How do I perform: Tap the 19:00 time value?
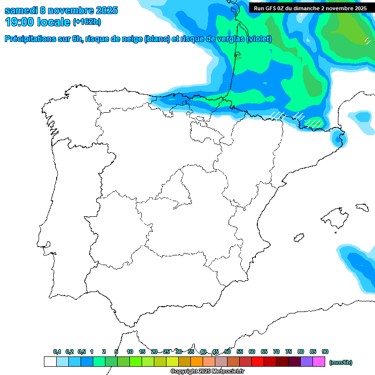[x=20, y=22]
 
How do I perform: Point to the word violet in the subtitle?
[x=259, y=39]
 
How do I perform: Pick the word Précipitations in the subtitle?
[x=30, y=39]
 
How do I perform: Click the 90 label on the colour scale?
[x=325, y=352]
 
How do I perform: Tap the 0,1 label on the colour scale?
[x=57, y=352]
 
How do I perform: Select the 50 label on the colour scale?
[x=228, y=352]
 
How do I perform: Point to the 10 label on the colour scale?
[x=130, y=352]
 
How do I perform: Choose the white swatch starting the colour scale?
[x=50, y=361]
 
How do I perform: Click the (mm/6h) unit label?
[x=340, y=362]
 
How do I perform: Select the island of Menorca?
[x=362, y=208]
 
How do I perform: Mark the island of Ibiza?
[x=298, y=238]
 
